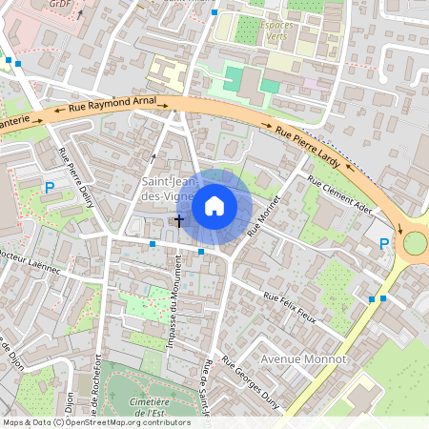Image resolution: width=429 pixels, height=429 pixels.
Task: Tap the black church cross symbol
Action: (178, 220)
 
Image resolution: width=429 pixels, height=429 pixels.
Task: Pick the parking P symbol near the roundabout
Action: (384, 244)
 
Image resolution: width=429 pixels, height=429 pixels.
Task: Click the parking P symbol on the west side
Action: (50, 188)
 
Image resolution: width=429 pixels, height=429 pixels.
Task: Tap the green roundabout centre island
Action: (417, 243)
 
